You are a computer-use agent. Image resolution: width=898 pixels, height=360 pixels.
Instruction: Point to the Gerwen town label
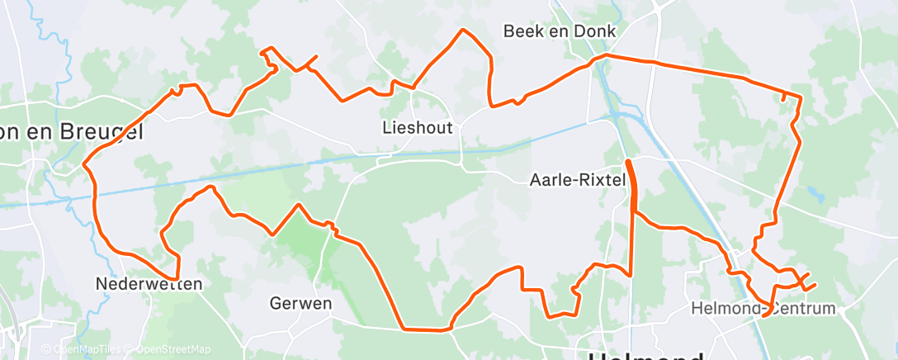[300, 303]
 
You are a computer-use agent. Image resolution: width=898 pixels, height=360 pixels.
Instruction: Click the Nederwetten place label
[149, 283]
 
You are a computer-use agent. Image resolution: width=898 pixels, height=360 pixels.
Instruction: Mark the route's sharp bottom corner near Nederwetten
[177, 278]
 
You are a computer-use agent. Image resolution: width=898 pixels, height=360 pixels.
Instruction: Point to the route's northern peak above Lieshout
[464, 31]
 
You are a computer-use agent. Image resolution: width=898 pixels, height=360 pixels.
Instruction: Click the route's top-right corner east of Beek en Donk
[800, 97]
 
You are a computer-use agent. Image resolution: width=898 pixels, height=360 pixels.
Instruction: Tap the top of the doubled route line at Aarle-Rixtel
[629, 161]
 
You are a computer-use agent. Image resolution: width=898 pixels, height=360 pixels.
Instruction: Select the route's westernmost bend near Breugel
[85, 164]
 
